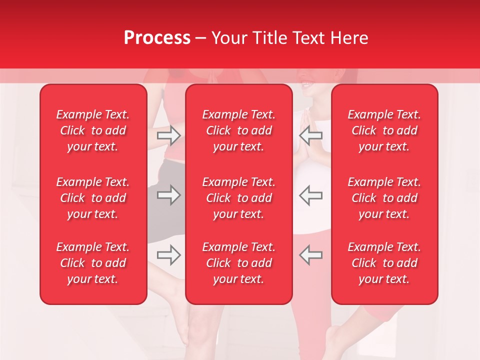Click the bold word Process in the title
157,38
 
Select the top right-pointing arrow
168,135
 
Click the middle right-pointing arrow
168,195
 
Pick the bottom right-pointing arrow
168,255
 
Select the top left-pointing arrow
311,135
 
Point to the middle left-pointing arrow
311,195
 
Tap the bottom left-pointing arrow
311,255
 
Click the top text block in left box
93,130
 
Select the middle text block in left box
93,198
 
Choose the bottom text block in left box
93,263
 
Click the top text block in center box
238,130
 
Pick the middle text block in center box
238,198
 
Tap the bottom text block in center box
238,263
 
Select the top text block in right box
384,130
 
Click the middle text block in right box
384,198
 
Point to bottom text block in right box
384,263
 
